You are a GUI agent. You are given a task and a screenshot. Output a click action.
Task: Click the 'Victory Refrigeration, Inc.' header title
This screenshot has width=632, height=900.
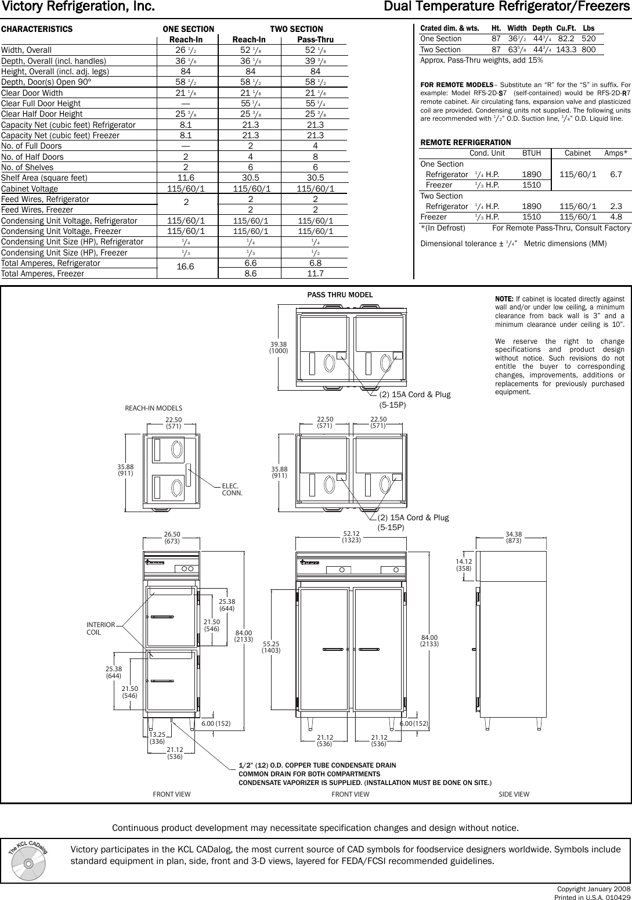(78, 8)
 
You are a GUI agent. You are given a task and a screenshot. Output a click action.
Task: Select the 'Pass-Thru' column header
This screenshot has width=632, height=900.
(315, 39)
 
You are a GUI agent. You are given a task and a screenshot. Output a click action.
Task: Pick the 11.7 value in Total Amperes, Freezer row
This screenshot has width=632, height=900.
(315, 273)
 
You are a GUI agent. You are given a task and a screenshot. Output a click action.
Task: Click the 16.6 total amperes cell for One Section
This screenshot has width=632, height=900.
(186, 268)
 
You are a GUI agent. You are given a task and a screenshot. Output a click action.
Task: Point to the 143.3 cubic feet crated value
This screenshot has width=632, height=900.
(566, 50)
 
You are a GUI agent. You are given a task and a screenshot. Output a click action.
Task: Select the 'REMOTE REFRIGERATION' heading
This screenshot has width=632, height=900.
(465, 142)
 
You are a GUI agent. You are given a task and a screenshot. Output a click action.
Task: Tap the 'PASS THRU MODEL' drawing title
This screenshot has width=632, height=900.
(340, 295)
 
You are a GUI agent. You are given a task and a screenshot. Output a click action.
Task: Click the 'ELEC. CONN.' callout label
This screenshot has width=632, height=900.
(232, 489)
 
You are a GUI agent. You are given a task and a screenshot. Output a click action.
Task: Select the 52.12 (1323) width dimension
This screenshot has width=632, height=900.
(352, 537)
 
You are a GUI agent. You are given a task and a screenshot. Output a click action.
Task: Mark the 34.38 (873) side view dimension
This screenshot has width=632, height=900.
(514, 537)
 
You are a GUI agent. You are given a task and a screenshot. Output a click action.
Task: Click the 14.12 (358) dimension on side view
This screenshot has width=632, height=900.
(464, 565)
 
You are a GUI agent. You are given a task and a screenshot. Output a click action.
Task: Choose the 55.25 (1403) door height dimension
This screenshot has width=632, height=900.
(271, 647)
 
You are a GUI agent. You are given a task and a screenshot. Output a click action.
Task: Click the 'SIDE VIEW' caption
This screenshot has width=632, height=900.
(514, 794)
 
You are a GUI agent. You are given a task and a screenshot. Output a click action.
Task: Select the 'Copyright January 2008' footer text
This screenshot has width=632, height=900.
(593, 890)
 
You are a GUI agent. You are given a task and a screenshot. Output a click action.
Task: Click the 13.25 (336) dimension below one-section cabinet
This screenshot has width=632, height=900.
(157, 738)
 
